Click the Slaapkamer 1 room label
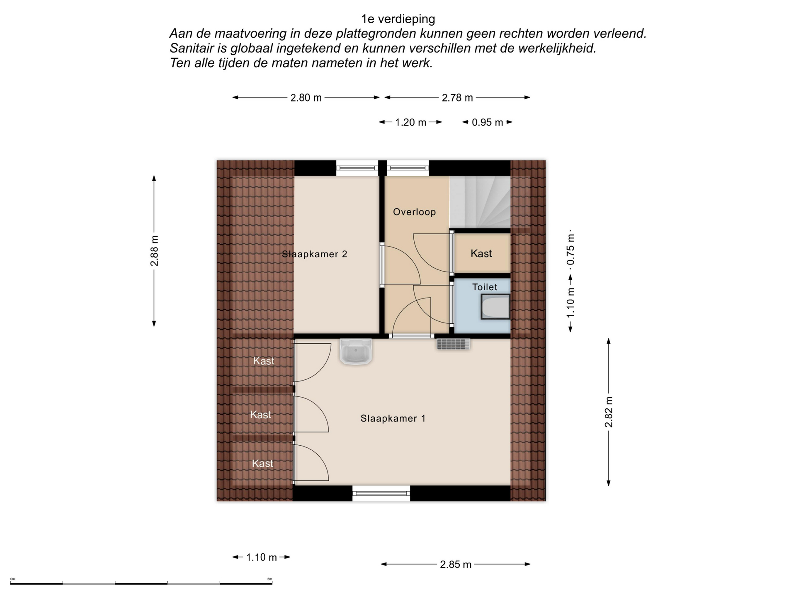[393, 418]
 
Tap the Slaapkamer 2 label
[315, 254]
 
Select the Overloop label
[414, 212]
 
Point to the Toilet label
[485, 287]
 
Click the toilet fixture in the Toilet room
[495, 307]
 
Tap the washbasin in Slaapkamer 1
[356, 352]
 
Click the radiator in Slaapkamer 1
[453, 344]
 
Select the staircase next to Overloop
[480, 202]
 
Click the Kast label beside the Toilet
[481, 253]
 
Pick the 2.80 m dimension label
[306, 98]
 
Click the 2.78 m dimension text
[457, 98]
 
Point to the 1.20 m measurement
[410, 123]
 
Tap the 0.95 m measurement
[488, 123]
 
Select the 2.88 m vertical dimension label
[154, 251]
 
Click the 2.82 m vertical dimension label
[609, 412]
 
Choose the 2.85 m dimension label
[456, 565]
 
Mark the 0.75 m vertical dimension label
[571, 249]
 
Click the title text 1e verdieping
[398, 19]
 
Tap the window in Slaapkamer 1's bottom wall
[381, 493]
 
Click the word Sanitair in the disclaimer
[193, 49]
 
